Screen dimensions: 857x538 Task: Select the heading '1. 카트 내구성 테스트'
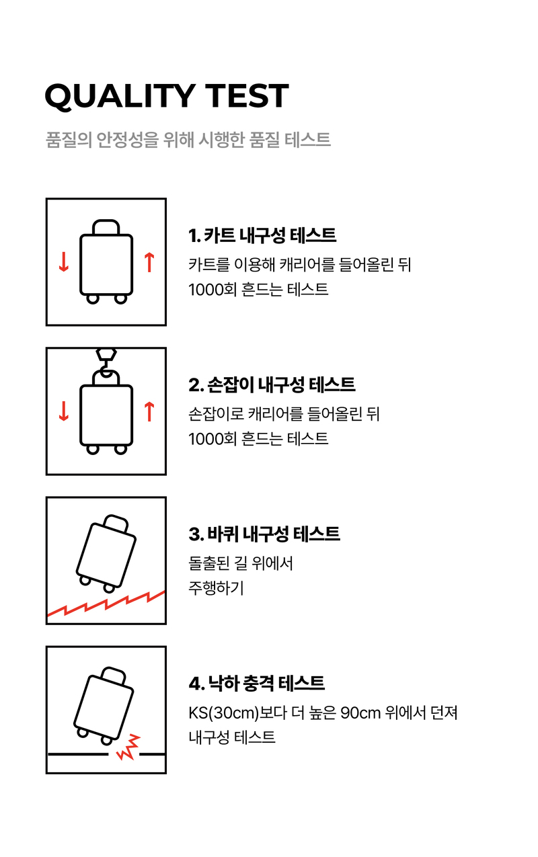coord(262,235)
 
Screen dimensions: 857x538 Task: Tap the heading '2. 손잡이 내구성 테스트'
coord(272,384)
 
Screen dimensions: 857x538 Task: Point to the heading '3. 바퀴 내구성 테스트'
coord(264,534)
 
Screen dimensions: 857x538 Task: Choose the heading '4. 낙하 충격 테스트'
coord(257,683)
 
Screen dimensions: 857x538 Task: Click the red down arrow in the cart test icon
coord(64,263)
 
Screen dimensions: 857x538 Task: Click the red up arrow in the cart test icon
coord(149,263)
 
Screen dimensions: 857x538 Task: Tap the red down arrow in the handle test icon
coord(64,411)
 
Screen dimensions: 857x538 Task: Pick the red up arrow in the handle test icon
coord(149,411)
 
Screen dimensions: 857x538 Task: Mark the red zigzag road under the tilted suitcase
coord(106,604)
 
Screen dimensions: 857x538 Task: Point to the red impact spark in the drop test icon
coord(128,747)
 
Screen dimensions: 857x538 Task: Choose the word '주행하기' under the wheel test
coord(216,588)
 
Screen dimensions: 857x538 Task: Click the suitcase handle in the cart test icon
coord(106,227)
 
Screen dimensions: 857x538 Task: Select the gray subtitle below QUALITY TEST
coord(188,140)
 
